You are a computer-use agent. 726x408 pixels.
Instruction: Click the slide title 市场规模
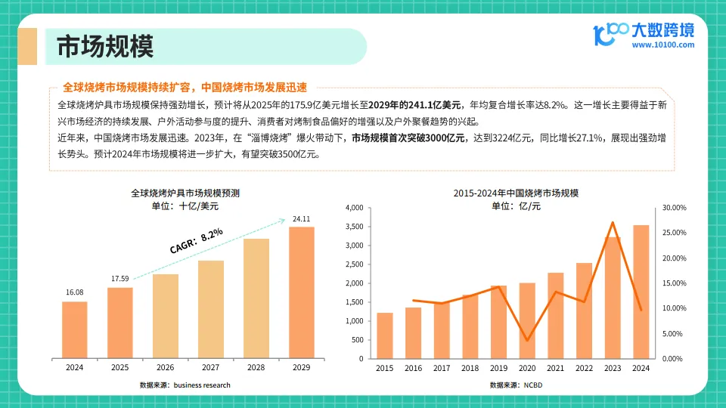pos(106,47)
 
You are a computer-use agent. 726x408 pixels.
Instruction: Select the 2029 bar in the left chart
pos(301,292)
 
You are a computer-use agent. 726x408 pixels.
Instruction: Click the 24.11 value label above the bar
pos(301,219)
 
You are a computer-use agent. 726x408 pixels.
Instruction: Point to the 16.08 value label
pos(74,292)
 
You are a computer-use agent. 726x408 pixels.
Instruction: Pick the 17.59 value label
pos(119,279)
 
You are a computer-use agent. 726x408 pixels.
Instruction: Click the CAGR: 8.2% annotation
pos(196,240)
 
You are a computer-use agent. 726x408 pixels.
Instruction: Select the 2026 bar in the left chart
pos(166,315)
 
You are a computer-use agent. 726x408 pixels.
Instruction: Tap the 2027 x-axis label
pos(210,367)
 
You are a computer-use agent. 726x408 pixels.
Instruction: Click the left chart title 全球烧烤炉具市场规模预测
pos(185,193)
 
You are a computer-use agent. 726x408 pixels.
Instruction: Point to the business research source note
pos(185,385)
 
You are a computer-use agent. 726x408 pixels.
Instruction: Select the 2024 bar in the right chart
pos(641,292)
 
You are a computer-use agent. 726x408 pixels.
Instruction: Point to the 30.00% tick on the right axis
pos(673,208)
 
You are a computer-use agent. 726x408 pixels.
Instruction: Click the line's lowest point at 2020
pos(527,341)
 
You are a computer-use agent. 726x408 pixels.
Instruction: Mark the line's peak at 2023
pos(613,222)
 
